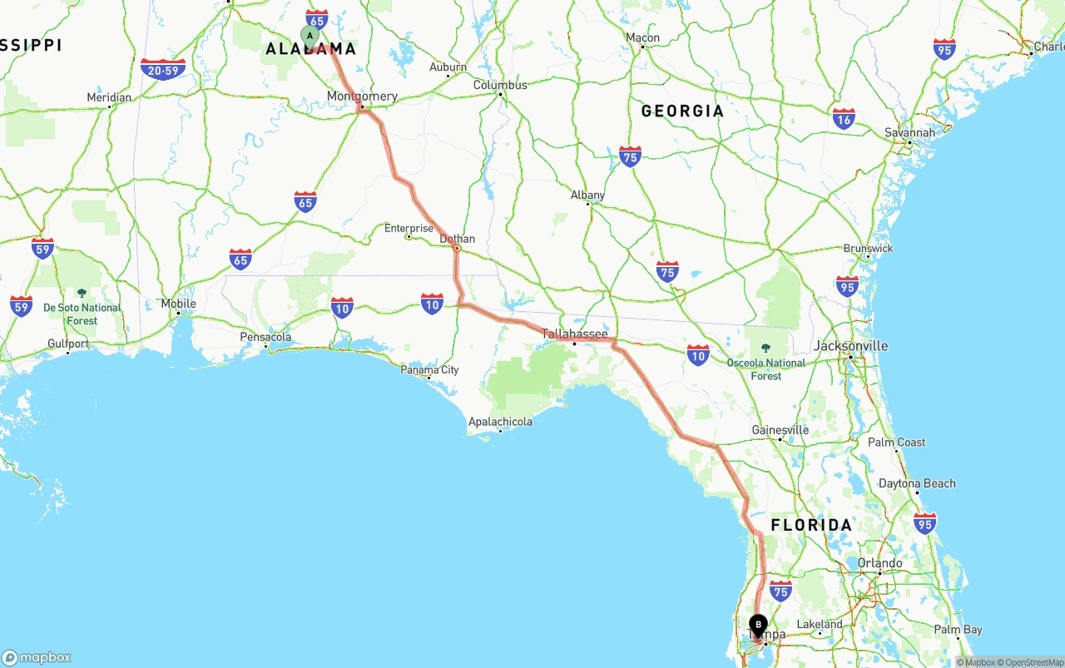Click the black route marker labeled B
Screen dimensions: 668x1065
point(758,625)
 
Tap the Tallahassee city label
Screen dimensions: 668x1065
point(575,334)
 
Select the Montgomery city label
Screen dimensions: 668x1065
point(362,96)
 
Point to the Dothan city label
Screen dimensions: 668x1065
point(457,239)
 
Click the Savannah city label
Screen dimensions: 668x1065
point(909,132)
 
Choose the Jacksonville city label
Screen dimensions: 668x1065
point(850,346)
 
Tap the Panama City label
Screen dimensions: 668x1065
point(429,369)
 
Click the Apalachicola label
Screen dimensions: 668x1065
point(500,422)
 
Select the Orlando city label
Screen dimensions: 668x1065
point(879,563)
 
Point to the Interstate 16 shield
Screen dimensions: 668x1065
point(844,119)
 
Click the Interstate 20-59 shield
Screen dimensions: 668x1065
point(163,69)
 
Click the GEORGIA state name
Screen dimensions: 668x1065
point(682,111)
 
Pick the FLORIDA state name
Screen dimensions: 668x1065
point(811,525)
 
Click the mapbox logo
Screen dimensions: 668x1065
point(37,657)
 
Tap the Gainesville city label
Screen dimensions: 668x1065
point(780,430)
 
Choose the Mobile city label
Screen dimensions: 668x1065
point(178,304)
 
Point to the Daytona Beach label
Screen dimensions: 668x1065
point(917,483)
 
